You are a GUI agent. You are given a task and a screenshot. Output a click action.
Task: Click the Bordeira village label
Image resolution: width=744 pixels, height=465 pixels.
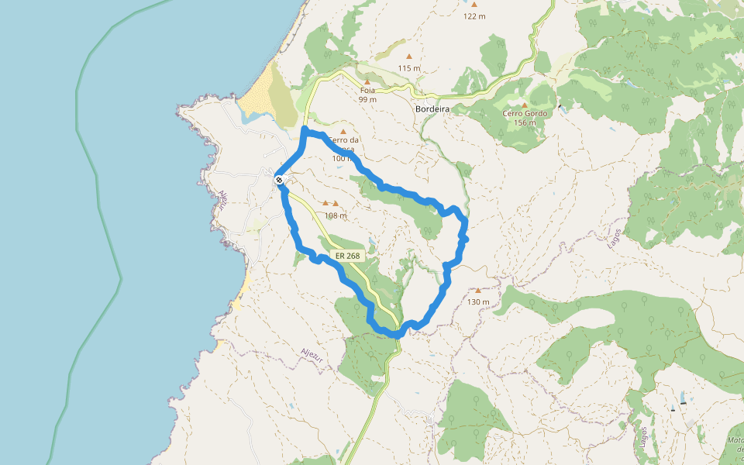point(432,109)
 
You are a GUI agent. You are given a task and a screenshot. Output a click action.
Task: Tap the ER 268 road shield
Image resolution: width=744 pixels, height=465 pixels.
point(347,256)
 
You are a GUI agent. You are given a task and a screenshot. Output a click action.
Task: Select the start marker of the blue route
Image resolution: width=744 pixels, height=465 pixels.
point(279,180)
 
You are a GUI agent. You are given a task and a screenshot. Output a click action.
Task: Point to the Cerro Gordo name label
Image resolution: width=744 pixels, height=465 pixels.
point(525,113)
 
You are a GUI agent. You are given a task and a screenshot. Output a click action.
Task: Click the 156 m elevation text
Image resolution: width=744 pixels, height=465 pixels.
point(525,122)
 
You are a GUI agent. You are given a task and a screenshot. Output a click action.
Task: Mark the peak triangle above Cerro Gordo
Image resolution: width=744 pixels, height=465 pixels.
point(525,105)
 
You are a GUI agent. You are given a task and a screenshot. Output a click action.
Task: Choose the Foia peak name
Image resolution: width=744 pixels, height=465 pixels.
point(367,90)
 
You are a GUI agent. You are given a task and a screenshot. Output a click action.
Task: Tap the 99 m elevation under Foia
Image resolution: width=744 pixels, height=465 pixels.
point(367,99)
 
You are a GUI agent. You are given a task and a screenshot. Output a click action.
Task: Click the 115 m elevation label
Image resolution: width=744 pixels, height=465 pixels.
point(409,68)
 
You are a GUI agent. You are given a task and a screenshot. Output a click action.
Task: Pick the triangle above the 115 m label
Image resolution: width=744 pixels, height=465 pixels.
point(409,57)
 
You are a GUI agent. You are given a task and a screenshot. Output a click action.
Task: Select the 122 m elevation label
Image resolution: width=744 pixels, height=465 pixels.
point(474,15)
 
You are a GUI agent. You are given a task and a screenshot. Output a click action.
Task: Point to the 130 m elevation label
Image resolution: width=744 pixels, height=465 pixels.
point(478,301)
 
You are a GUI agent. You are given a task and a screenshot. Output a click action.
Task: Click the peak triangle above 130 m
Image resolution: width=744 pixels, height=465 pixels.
point(478,291)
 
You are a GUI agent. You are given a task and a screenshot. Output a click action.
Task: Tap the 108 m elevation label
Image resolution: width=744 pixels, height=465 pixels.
point(336,215)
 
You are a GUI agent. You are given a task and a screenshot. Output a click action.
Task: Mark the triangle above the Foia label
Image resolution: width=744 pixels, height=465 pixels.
point(367,81)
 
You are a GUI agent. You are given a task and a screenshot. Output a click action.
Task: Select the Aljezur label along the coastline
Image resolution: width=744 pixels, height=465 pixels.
point(222,201)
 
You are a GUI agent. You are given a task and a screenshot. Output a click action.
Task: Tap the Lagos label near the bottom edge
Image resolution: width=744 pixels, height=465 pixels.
point(643,437)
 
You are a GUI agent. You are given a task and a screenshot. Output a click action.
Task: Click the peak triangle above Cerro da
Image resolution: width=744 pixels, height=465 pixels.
point(343,132)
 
